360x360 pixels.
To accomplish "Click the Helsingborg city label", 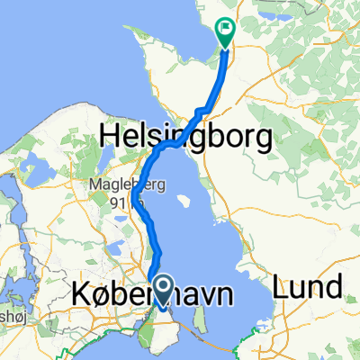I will click(186, 137).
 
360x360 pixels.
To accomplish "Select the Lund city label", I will click(310, 288).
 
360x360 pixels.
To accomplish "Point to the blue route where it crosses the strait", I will click(181, 143).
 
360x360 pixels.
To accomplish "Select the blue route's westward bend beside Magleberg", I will click(133, 198).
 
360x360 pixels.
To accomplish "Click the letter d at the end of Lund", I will click(335, 288).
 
